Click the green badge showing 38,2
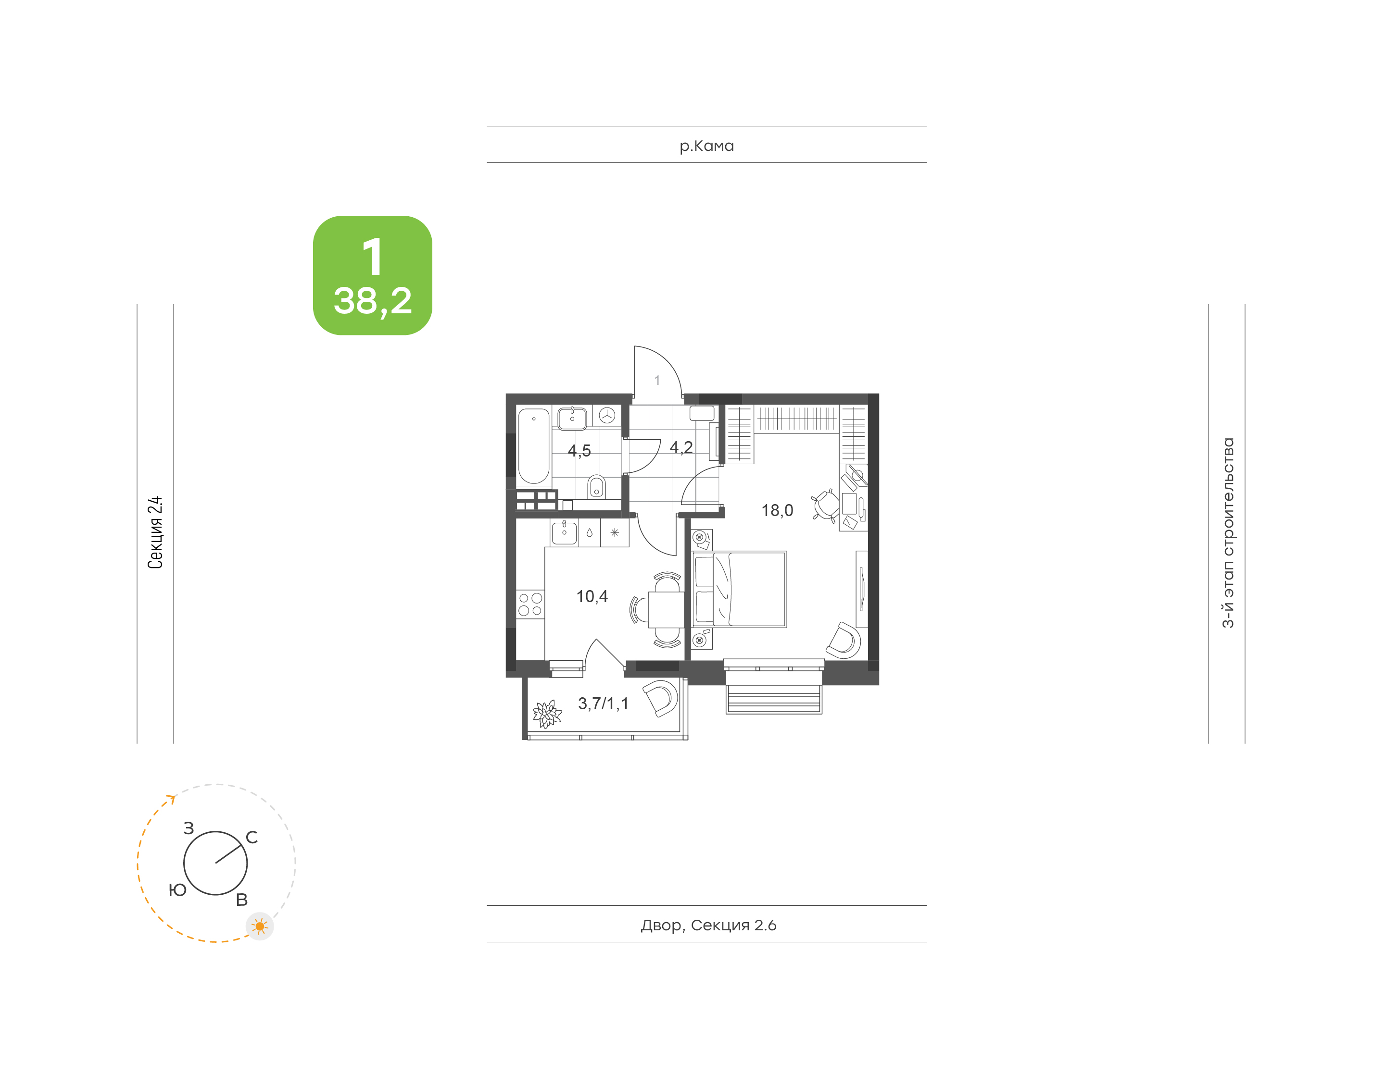click(372, 275)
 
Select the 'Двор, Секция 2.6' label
click(708, 925)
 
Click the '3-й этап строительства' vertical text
click(1228, 533)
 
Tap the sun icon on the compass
click(260, 926)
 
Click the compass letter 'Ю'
click(177, 890)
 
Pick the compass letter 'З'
click(189, 828)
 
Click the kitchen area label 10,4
click(592, 596)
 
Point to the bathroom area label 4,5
click(579, 451)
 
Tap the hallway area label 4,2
click(681, 448)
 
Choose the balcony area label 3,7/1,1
click(603, 703)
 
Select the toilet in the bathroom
click(596, 487)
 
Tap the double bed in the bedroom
click(739, 590)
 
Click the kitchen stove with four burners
click(530, 604)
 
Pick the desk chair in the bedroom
click(825, 506)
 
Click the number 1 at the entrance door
click(657, 380)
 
